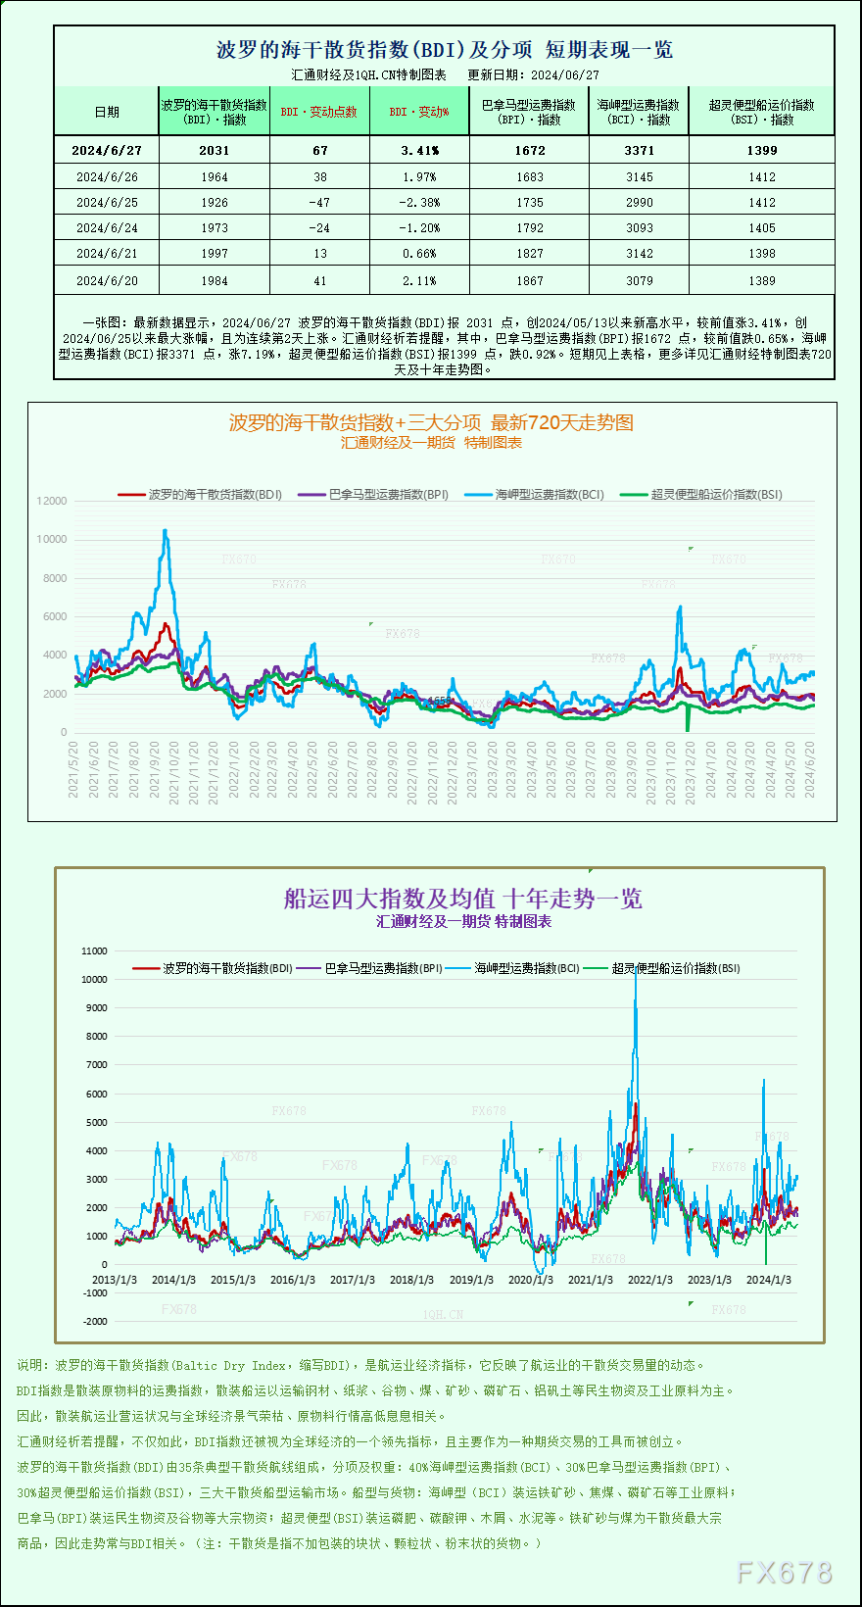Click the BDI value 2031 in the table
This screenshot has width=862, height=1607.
click(x=214, y=150)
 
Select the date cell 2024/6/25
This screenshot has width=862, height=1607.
click(x=107, y=202)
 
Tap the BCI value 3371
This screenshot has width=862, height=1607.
click(x=639, y=150)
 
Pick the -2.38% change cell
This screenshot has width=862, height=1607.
click(x=418, y=202)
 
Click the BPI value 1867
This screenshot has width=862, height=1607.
click(x=529, y=280)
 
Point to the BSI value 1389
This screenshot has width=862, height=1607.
click(x=761, y=280)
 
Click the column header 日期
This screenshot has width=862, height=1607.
click(x=107, y=112)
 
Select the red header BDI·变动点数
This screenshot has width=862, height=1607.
click(x=318, y=112)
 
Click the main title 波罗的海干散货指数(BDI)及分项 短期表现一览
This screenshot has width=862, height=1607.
click(x=444, y=50)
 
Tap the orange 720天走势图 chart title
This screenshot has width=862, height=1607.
click(x=431, y=422)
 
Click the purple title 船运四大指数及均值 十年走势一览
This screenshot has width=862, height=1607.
click(x=462, y=899)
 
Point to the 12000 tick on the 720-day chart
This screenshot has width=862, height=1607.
click(x=52, y=501)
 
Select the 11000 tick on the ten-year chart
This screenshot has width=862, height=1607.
click(x=95, y=950)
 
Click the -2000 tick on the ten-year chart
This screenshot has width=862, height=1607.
click(x=95, y=1321)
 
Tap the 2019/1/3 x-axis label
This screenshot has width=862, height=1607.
click(x=471, y=1280)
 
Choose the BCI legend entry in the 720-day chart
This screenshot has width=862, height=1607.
click(x=549, y=495)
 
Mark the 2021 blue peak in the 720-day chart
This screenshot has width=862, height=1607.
click(x=166, y=532)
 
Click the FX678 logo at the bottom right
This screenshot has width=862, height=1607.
click(x=784, y=1573)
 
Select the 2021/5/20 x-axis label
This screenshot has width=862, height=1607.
click(x=73, y=769)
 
